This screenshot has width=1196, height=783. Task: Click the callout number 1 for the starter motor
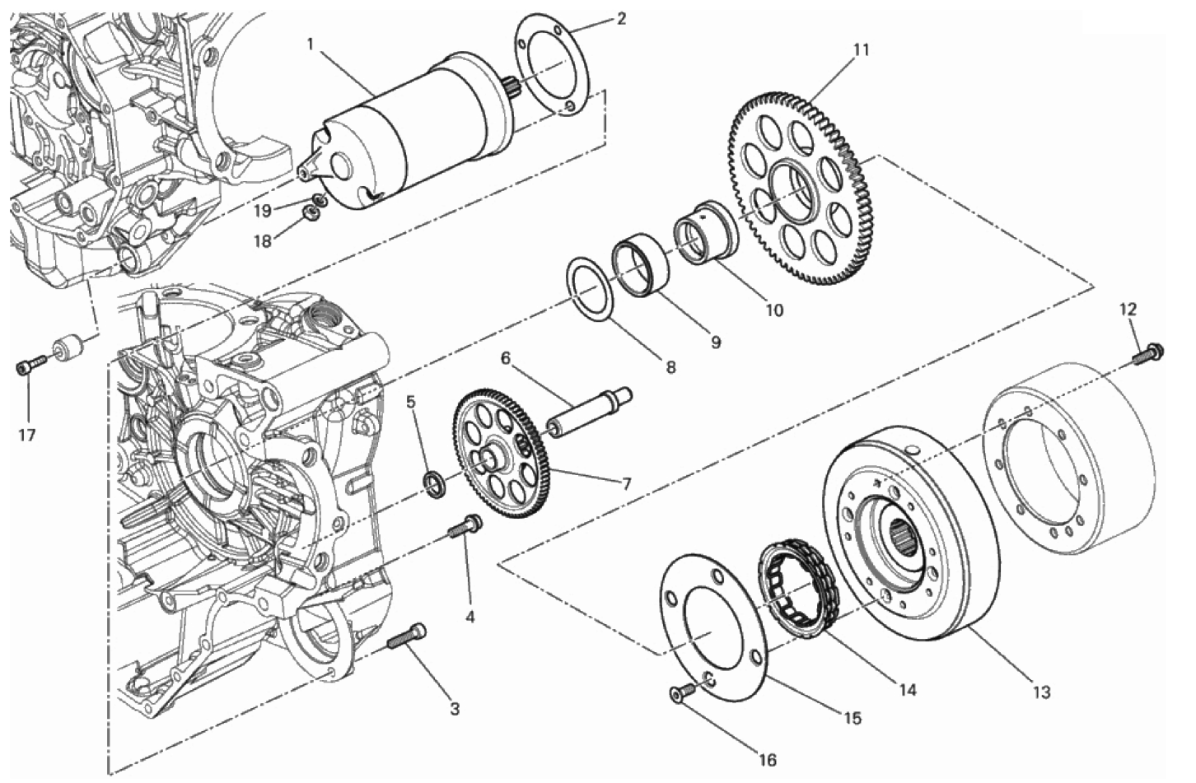[x=311, y=43]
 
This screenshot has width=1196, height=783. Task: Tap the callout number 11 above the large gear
[x=861, y=50]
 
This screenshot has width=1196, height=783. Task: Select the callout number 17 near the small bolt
[x=27, y=435]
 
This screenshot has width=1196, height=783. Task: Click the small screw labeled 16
[x=678, y=696]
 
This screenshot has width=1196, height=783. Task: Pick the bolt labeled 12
[x=1147, y=354]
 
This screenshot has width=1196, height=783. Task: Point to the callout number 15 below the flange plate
[x=852, y=718]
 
